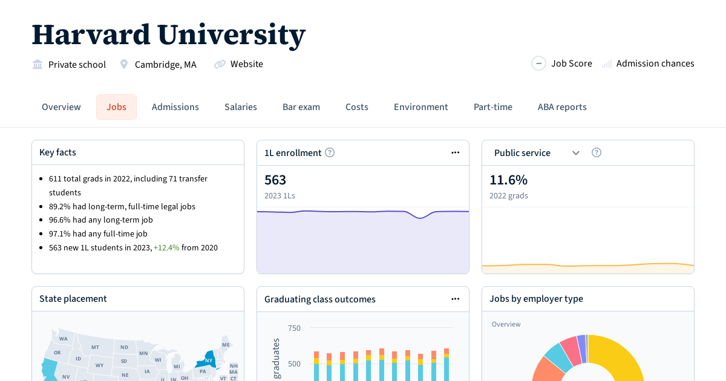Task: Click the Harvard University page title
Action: coord(168,34)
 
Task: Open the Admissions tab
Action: coord(175,107)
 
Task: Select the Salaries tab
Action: coord(241,107)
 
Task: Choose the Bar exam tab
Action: coord(301,107)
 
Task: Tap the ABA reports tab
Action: coord(562,107)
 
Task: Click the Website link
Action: coord(246,64)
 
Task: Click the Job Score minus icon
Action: coord(538,63)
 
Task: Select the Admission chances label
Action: coord(655,63)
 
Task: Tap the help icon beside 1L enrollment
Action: coord(330,152)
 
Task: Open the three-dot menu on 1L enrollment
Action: coord(456,152)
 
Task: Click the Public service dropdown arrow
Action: coord(576,153)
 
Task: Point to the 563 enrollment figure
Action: coord(275,180)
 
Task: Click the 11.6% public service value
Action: coord(508,180)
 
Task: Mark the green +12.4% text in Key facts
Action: coord(166,248)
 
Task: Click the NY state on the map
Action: coord(209,360)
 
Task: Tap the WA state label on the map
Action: coord(64,339)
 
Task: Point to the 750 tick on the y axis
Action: coord(294,328)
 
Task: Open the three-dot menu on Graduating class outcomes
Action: coord(456,299)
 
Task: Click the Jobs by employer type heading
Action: coord(536,299)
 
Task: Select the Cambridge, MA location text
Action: coord(165,64)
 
